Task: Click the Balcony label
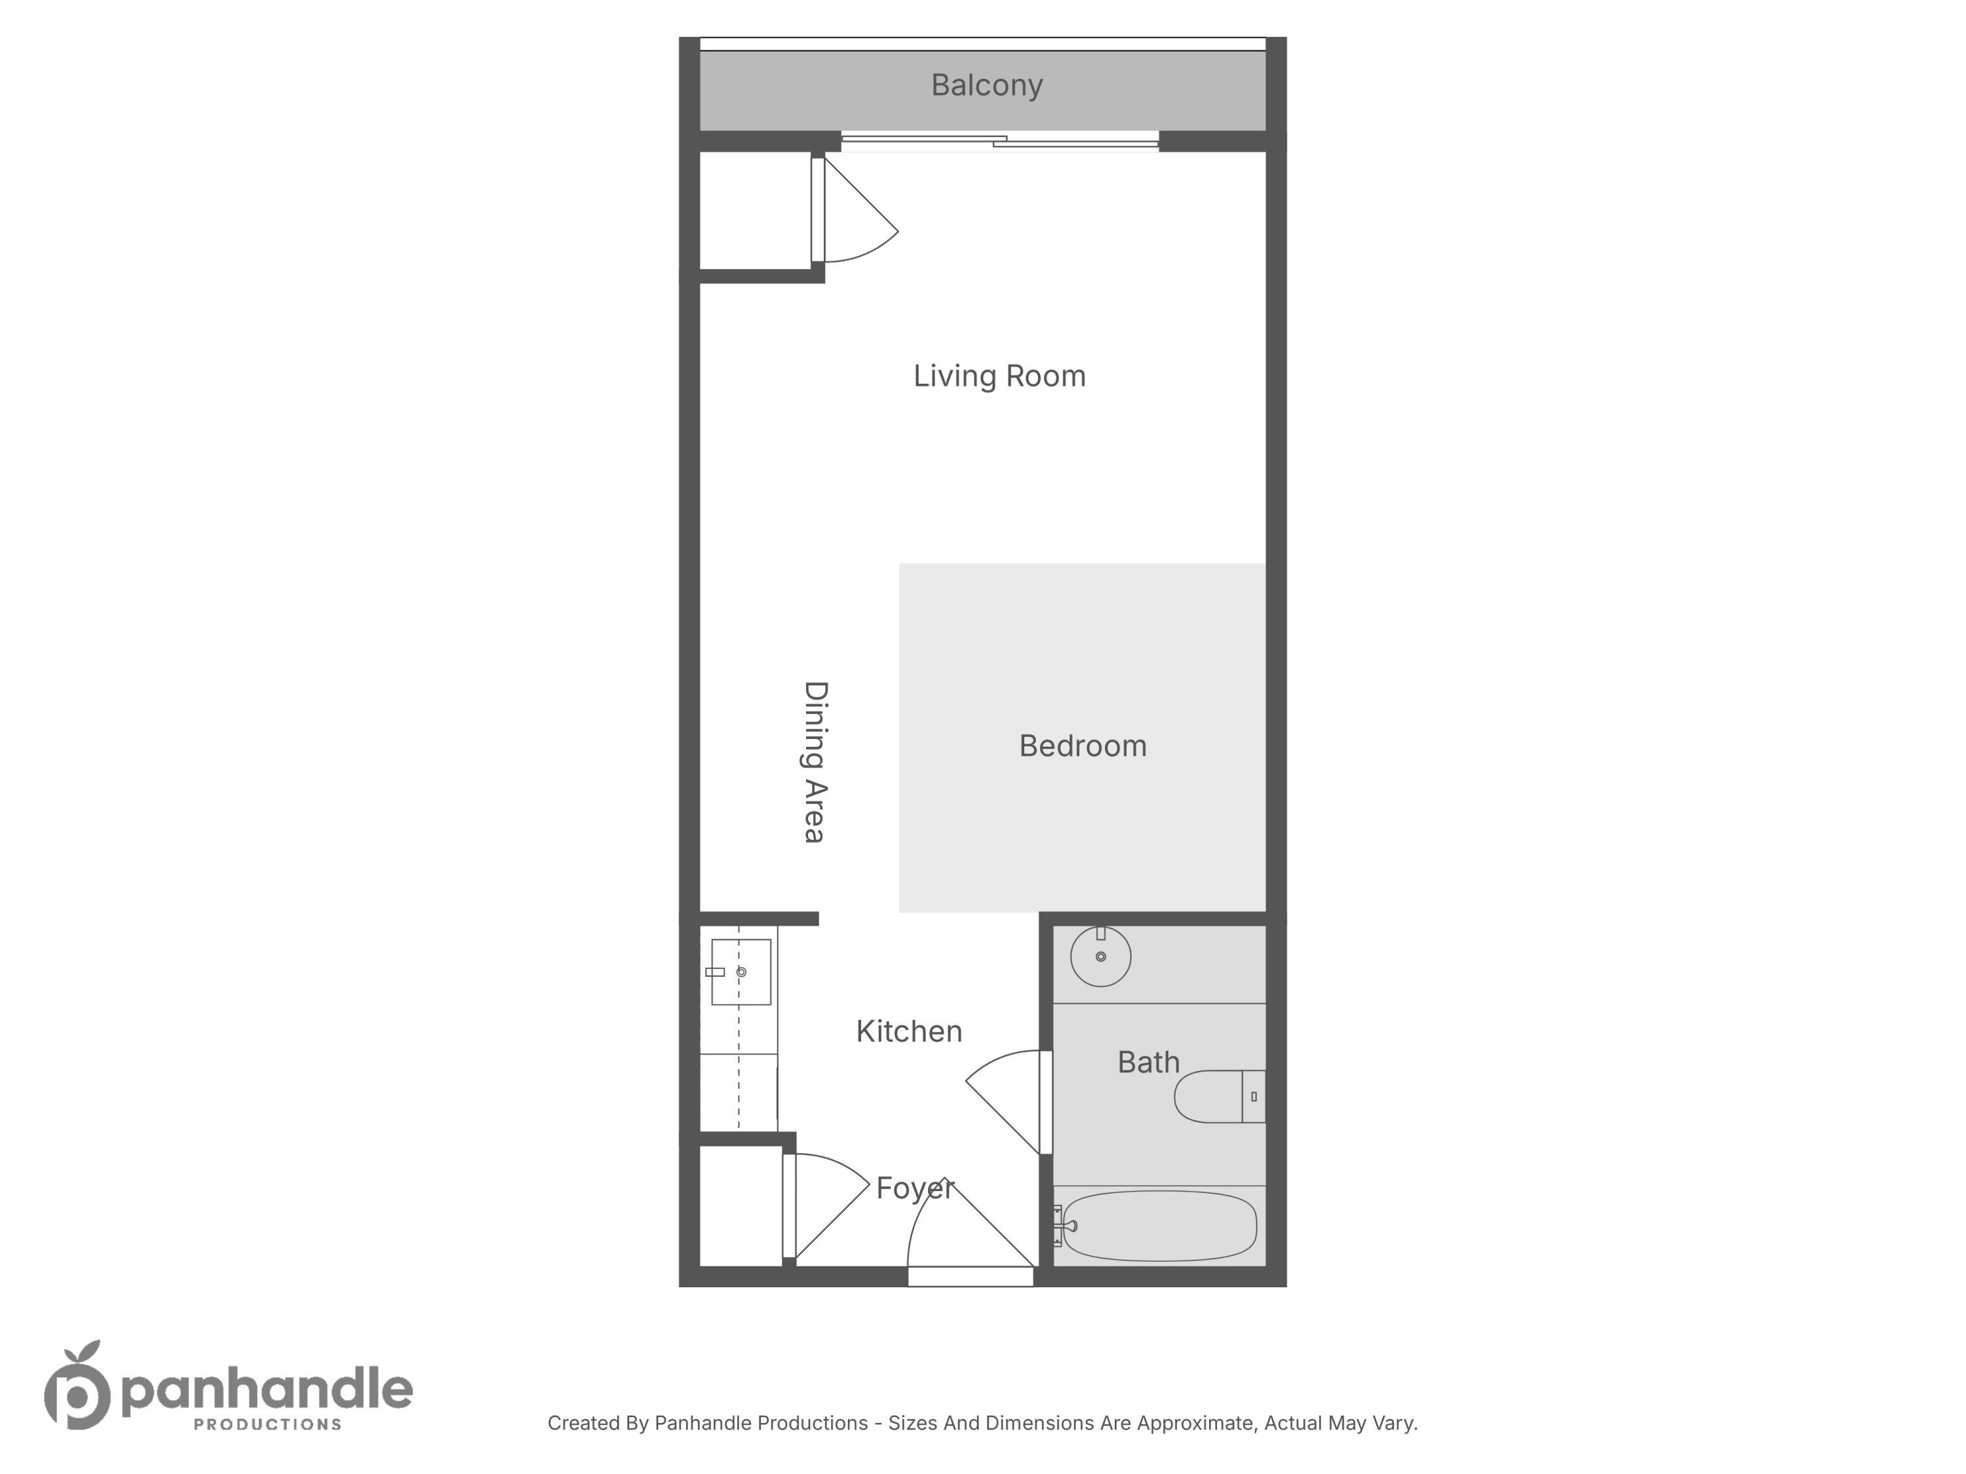click(x=986, y=85)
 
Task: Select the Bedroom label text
click(x=1083, y=746)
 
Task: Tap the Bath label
click(x=1148, y=1062)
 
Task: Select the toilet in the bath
click(x=1218, y=1097)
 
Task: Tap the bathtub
click(x=1160, y=1226)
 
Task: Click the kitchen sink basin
click(x=741, y=972)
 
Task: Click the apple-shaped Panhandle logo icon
click(x=77, y=1387)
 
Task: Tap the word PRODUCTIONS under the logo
click(x=267, y=1424)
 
